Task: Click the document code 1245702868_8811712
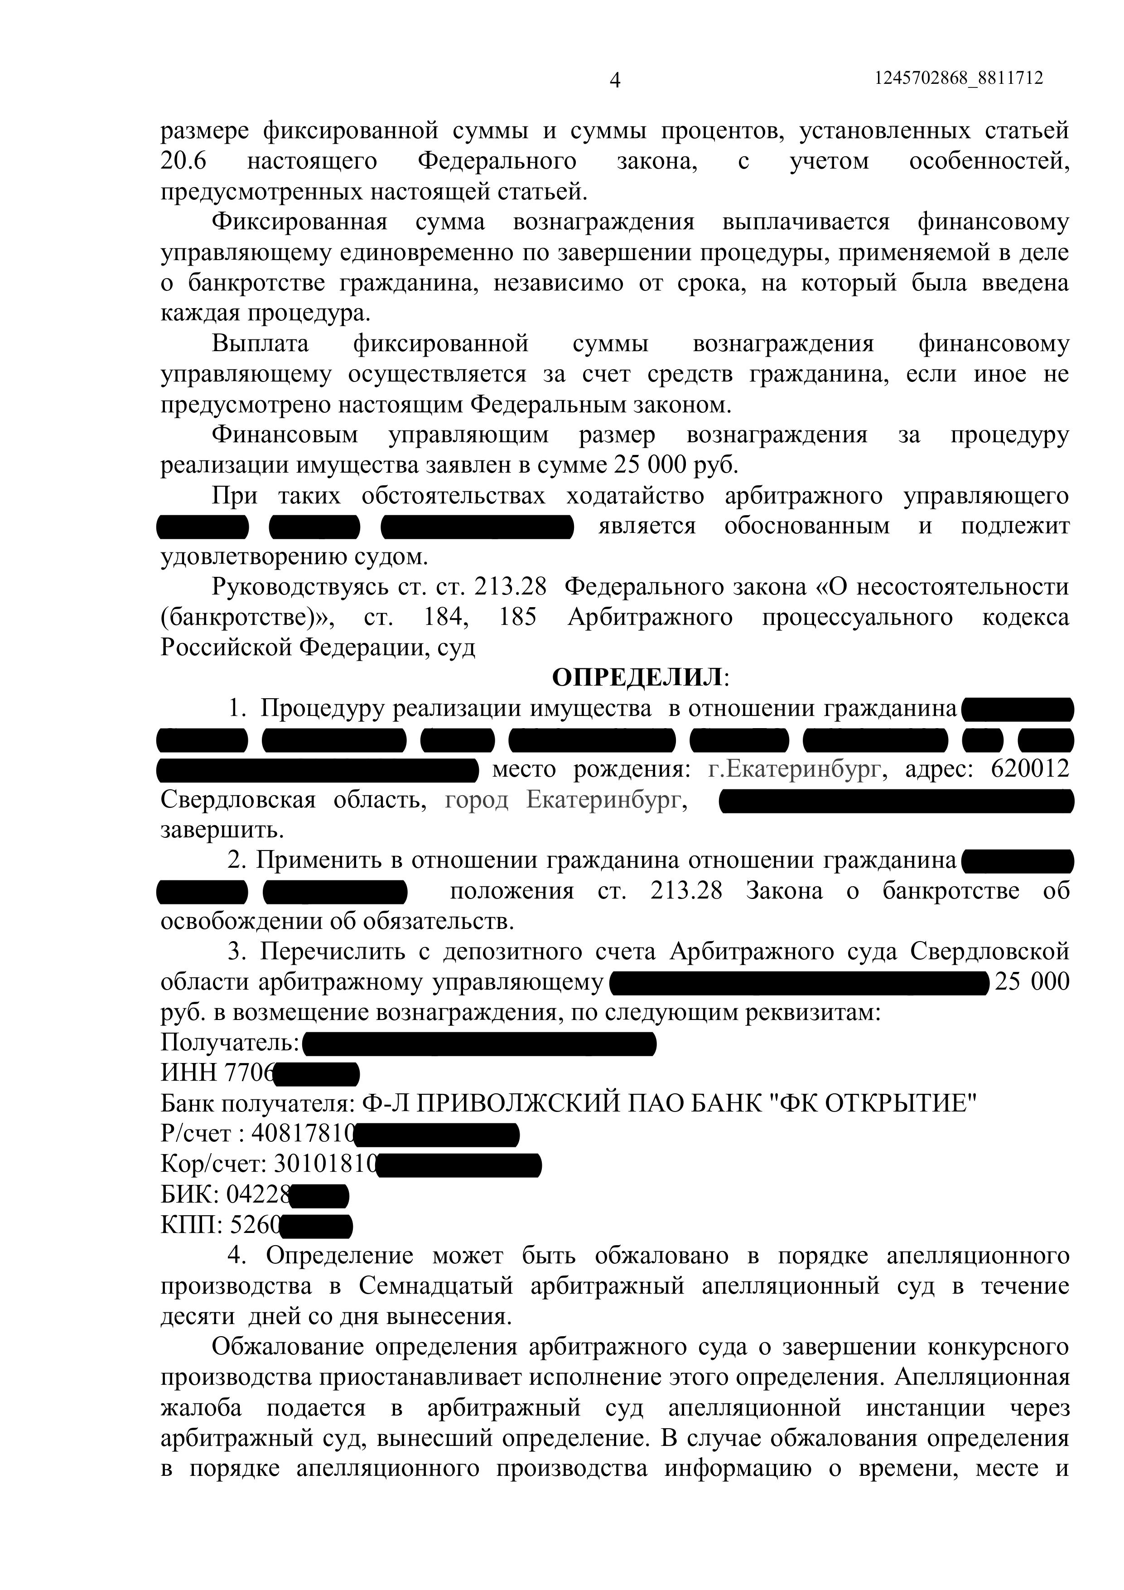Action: (x=959, y=78)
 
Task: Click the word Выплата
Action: (x=260, y=343)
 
